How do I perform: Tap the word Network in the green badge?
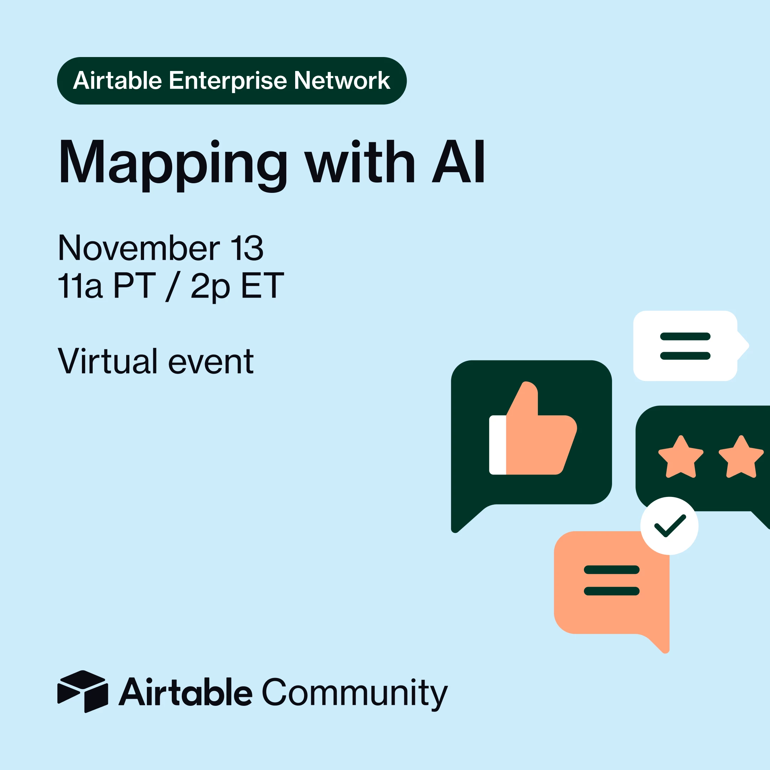point(342,81)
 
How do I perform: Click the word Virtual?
point(108,361)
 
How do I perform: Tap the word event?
point(211,363)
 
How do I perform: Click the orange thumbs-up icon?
point(533,428)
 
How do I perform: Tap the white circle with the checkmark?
point(669,526)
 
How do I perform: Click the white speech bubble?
point(691,345)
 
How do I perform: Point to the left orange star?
point(681,457)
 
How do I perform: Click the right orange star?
point(741,457)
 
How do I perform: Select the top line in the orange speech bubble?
point(612,570)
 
